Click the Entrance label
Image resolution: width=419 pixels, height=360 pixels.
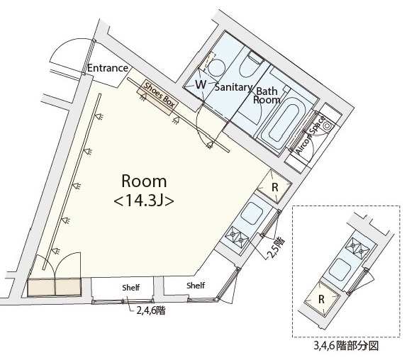click(108, 68)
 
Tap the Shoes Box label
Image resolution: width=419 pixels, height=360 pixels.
click(160, 96)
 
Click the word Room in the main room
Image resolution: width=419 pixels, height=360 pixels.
click(144, 181)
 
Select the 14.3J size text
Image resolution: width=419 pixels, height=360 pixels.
click(144, 201)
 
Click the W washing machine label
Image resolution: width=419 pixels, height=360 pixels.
click(201, 84)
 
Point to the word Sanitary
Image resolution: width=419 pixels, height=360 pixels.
click(233, 87)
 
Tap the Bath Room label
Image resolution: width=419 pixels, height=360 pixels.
click(267, 96)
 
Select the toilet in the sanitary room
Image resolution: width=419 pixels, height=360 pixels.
click(251, 64)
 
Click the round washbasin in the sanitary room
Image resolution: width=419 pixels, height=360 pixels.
click(216, 67)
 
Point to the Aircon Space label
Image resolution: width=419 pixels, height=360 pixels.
click(311, 135)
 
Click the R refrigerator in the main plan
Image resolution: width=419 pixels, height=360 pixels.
click(274, 186)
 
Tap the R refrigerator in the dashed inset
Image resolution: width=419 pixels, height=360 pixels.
click(322, 299)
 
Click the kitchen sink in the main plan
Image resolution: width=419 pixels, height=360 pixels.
click(252, 213)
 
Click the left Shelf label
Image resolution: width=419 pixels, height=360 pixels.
click(131, 288)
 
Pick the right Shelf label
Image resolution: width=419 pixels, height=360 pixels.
click(196, 286)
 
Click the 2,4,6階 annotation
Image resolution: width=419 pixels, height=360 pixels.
click(151, 310)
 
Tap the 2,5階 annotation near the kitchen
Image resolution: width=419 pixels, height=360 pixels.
click(276, 247)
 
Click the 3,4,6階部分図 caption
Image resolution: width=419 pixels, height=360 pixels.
click(346, 346)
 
